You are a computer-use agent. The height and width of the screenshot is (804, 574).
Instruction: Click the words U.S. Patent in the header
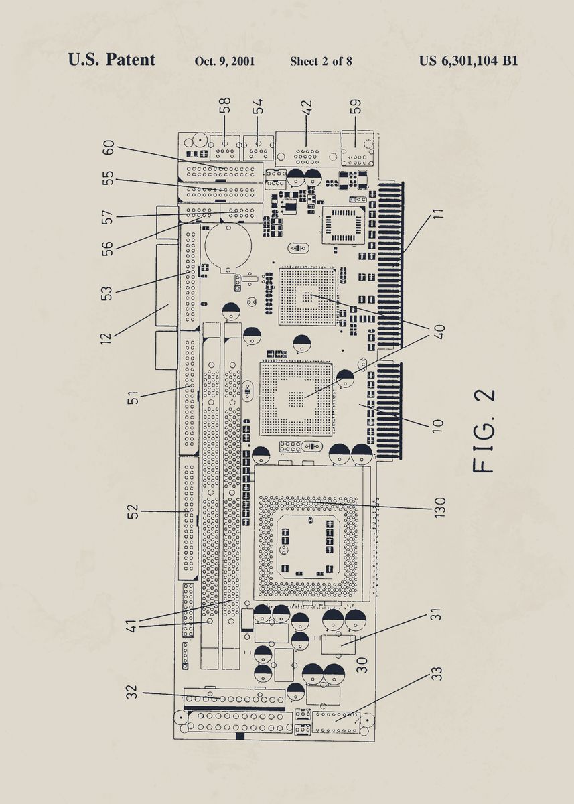click(111, 60)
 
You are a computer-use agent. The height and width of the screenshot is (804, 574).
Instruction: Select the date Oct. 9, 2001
click(224, 61)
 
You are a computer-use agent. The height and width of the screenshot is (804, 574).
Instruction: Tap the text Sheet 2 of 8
click(321, 61)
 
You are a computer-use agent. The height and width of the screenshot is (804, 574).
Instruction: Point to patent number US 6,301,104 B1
click(468, 61)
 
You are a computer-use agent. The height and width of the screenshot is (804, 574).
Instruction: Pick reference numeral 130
click(439, 507)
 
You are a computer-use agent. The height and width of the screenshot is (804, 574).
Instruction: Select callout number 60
click(108, 148)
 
